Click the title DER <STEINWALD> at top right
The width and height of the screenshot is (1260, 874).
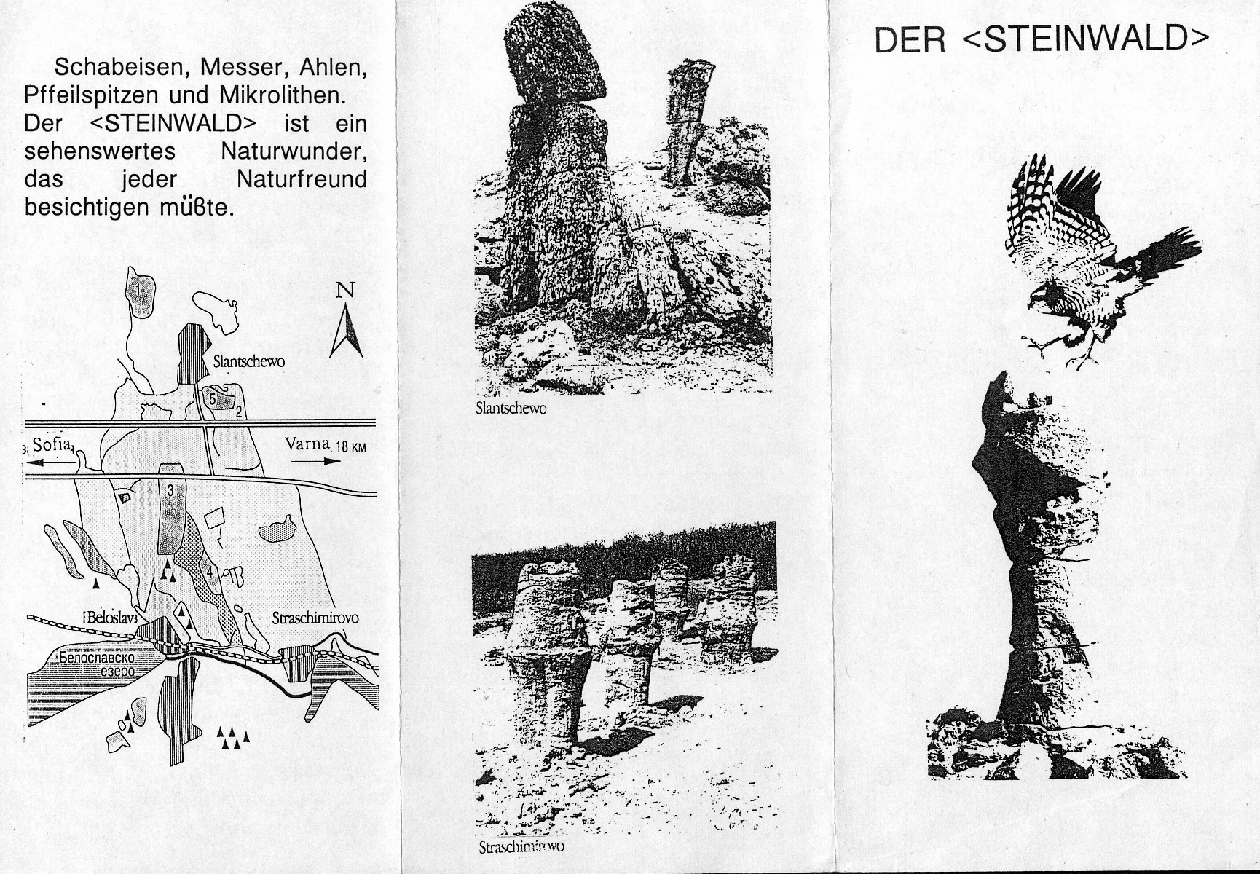click(1042, 39)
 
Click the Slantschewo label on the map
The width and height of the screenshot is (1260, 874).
click(248, 361)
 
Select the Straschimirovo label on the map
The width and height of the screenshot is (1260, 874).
click(315, 618)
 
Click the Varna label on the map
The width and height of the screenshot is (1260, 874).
click(307, 444)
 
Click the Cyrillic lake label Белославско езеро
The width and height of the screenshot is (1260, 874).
click(98, 664)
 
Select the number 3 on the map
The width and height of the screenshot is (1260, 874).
click(170, 491)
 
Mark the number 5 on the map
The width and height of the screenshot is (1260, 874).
click(212, 399)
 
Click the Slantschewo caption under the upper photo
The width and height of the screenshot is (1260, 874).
click(511, 409)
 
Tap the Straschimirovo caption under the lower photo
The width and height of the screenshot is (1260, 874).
click(521, 846)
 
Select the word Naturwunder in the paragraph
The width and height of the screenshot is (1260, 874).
click(294, 151)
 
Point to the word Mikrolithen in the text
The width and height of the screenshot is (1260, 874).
click(282, 95)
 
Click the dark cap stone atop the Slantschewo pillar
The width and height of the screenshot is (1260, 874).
click(556, 58)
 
